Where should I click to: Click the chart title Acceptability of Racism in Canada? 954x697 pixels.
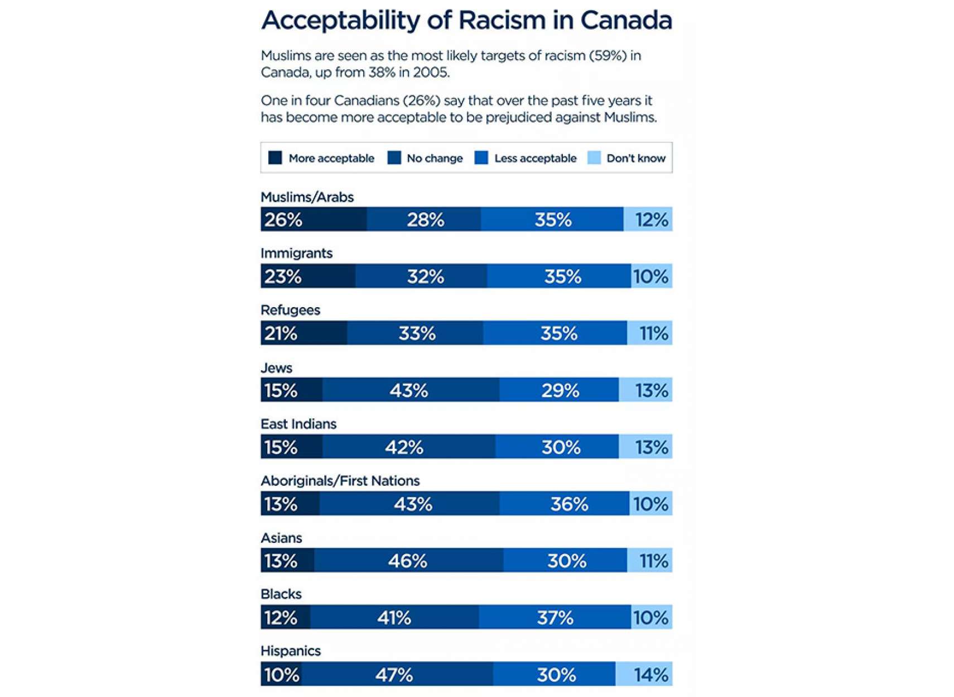tap(466, 21)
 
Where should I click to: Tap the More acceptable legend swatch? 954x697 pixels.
tap(275, 158)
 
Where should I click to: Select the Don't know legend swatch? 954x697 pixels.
tap(594, 158)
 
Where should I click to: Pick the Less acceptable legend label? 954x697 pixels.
tap(535, 159)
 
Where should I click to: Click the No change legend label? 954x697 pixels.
tap(435, 159)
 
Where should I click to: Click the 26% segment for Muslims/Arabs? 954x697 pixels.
tap(314, 219)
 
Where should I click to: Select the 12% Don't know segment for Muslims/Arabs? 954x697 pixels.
tap(648, 219)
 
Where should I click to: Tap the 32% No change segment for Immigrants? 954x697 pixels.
tap(421, 276)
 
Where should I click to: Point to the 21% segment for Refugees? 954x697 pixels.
tap(303, 333)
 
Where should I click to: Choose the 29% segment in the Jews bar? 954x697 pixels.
tap(559, 390)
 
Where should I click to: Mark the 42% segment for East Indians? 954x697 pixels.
tap(408, 447)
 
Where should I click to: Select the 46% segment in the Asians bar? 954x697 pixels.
tap(408, 561)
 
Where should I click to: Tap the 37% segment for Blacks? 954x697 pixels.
tap(555, 618)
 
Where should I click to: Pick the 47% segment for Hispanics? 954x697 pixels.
tap(397, 675)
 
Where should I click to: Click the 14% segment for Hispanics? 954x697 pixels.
tap(644, 675)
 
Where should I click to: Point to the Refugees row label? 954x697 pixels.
tap(290, 311)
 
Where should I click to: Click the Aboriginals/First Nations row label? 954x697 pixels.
tap(340, 481)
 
